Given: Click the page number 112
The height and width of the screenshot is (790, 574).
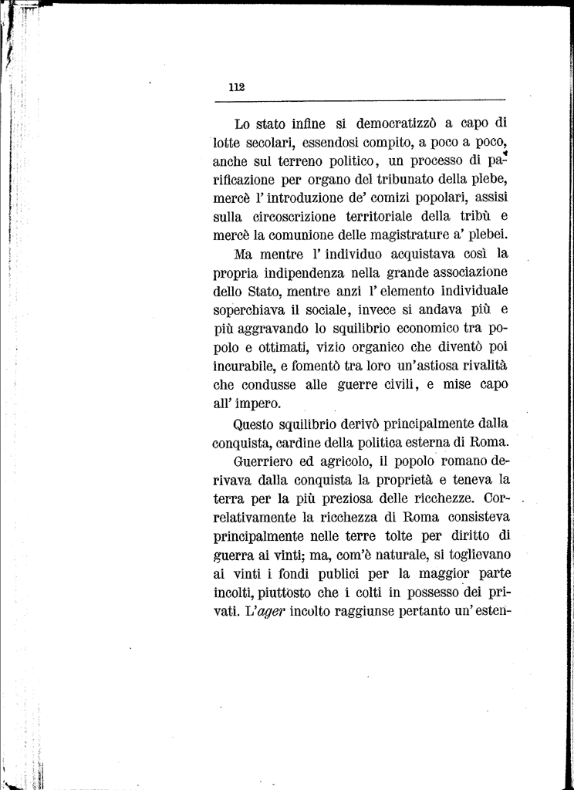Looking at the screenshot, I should point(237,87).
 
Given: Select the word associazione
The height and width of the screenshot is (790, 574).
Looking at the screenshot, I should point(462,272).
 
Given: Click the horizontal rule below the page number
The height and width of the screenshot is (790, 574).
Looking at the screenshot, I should point(359,99).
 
